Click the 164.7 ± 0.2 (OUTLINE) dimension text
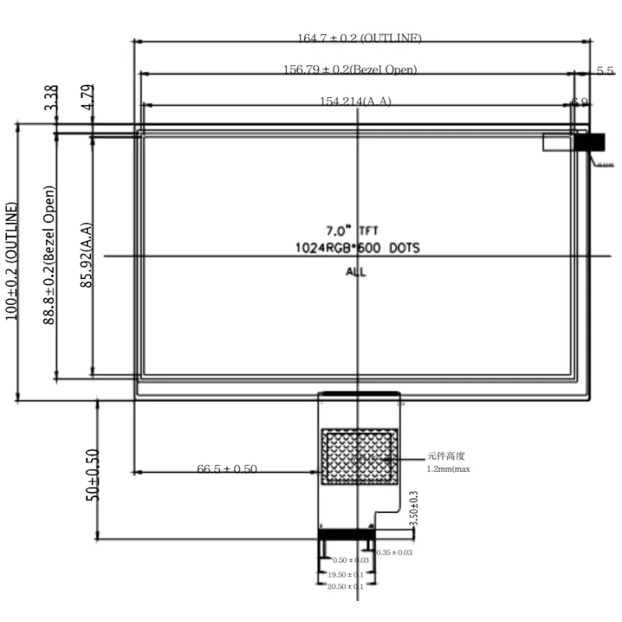(359, 38)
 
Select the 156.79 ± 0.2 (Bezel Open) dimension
(350, 69)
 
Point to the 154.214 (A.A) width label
(355, 101)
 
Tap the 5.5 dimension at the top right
(605, 71)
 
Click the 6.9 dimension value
(579, 102)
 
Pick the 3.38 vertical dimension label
(51, 97)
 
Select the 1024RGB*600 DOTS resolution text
(357, 249)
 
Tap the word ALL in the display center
(356, 272)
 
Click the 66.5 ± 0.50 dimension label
(227, 469)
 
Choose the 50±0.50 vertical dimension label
(93, 473)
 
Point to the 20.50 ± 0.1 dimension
(344, 586)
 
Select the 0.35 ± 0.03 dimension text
(394, 553)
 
